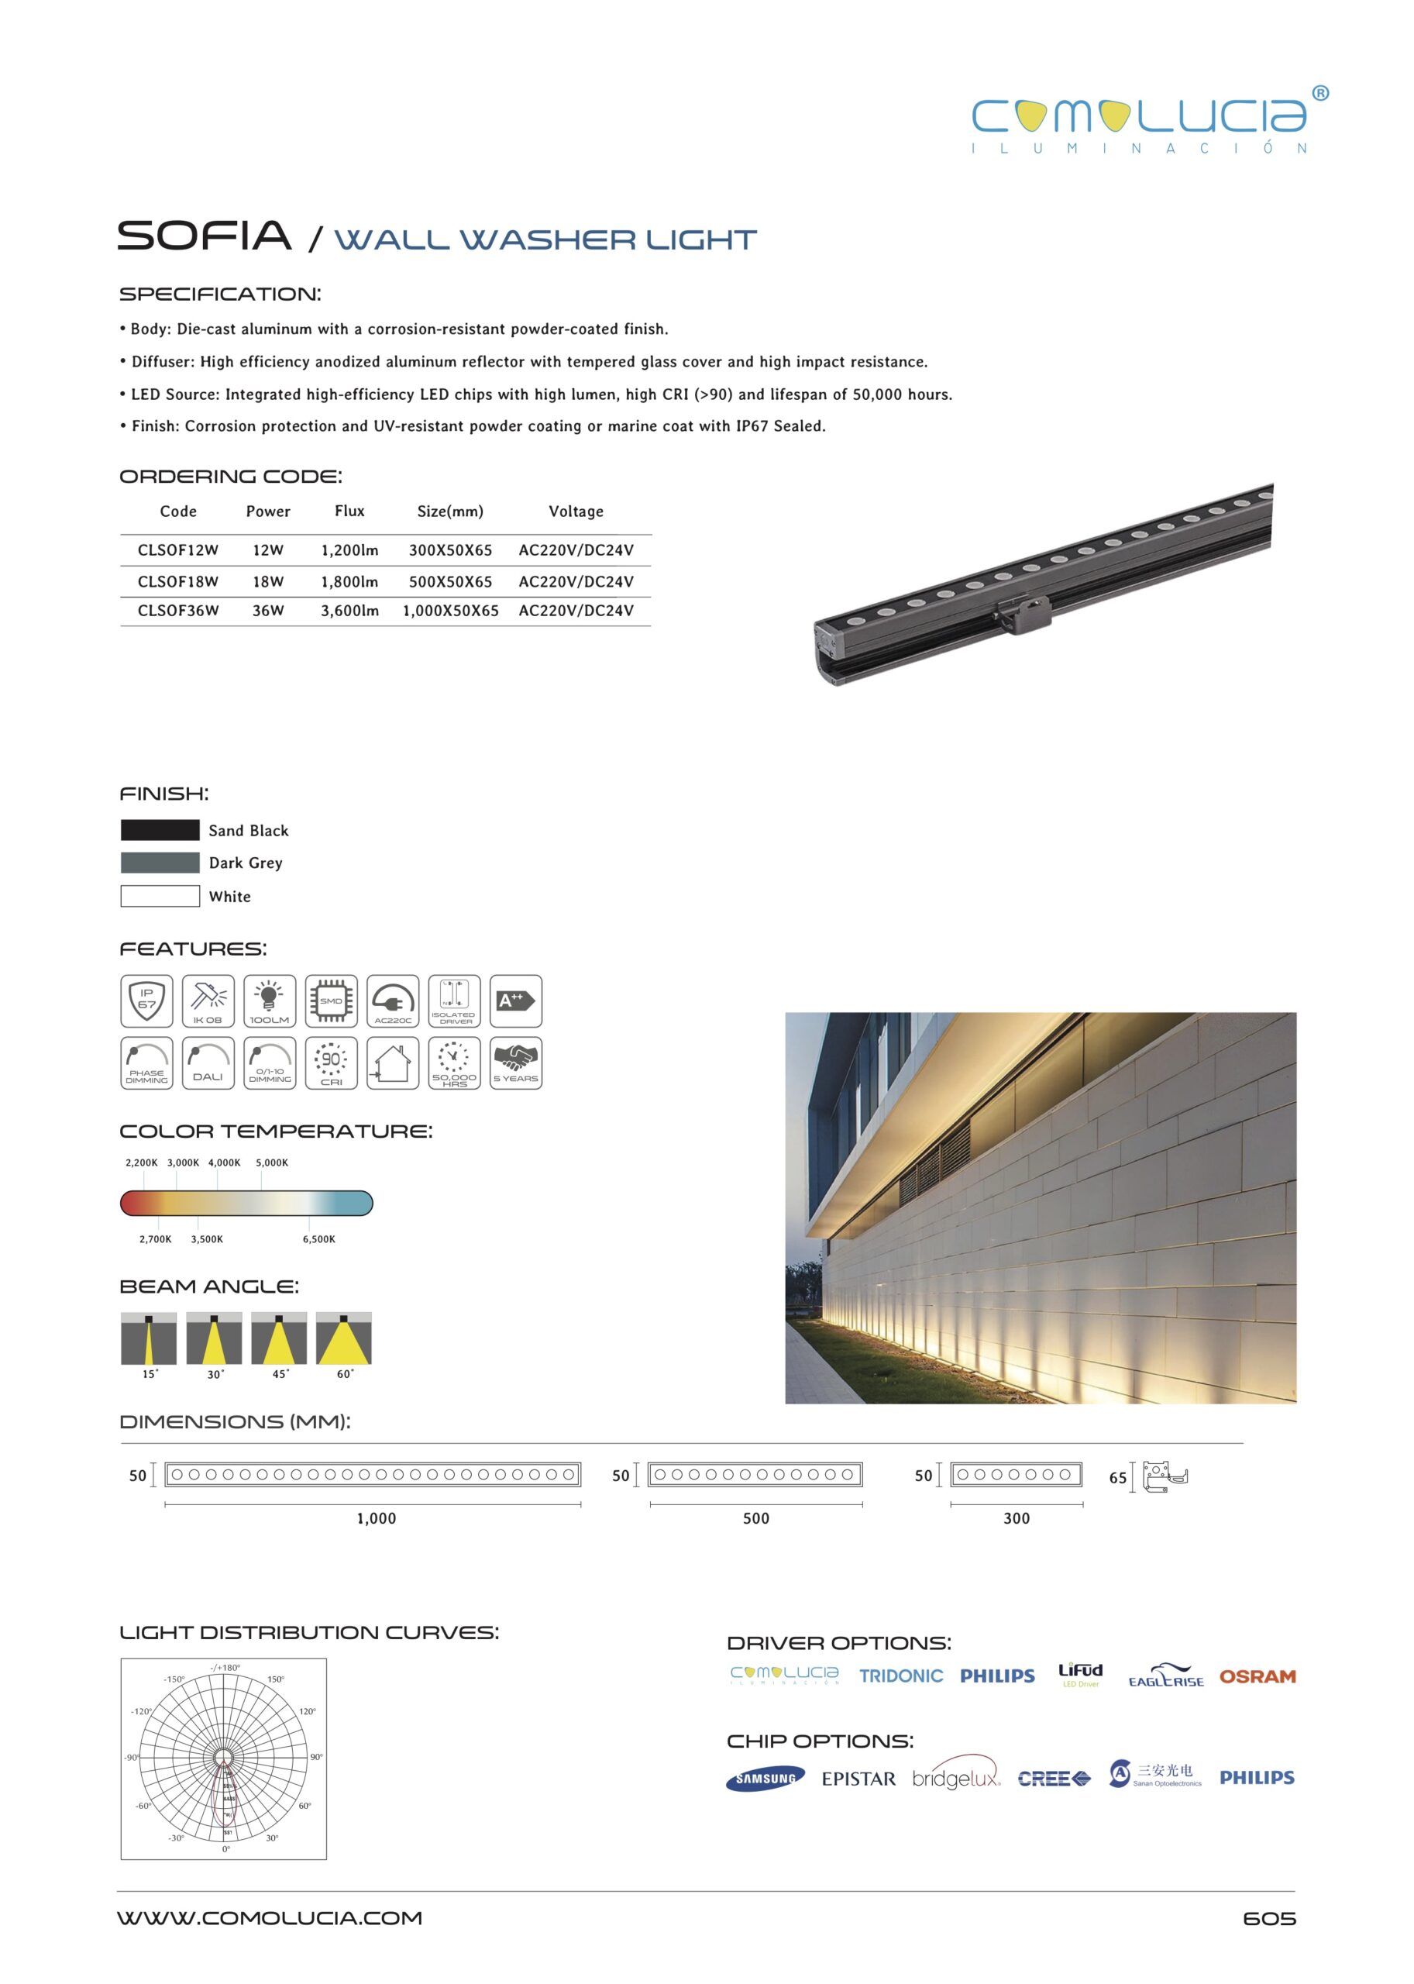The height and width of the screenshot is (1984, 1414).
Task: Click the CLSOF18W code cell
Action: [177, 581]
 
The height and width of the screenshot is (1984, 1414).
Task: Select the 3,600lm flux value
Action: [349, 611]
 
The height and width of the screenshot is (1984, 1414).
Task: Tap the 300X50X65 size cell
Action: [450, 549]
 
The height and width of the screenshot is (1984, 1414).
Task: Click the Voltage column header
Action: [576, 511]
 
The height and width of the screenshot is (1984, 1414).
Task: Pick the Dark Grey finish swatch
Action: [160, 863]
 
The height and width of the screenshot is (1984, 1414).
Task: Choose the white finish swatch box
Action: [160, 895]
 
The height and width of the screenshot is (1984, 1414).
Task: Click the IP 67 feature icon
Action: [146, 1001]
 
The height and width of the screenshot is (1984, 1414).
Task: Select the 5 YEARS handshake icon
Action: [515, 1062]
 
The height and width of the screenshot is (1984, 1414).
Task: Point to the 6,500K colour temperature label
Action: [318, 1238]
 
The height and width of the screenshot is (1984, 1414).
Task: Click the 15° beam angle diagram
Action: [149, 1338]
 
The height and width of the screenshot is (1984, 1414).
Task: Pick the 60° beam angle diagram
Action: [344, 1338]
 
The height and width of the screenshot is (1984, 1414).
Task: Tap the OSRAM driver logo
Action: [1257, 1676]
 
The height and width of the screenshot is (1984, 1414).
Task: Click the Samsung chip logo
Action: [765, 1779]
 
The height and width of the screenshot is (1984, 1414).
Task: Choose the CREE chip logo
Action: [1054, 1779]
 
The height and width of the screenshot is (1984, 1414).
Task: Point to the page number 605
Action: [1268, 1918]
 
